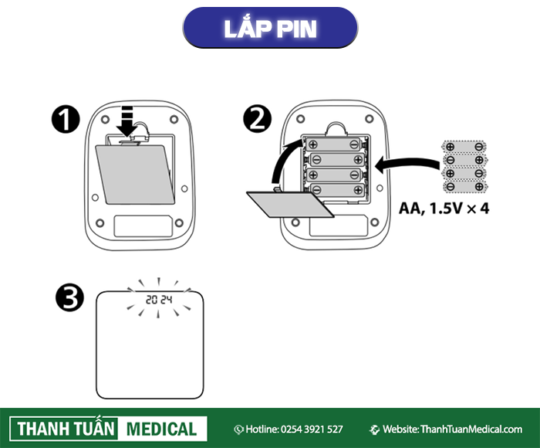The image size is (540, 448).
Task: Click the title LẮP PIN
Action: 269,28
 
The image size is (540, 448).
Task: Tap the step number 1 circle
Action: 66,120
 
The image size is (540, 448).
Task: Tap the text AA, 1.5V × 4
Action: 444,209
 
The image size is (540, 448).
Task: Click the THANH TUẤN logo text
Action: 64,429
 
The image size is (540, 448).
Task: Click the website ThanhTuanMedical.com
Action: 471,429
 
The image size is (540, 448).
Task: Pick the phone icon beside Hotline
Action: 239,429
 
